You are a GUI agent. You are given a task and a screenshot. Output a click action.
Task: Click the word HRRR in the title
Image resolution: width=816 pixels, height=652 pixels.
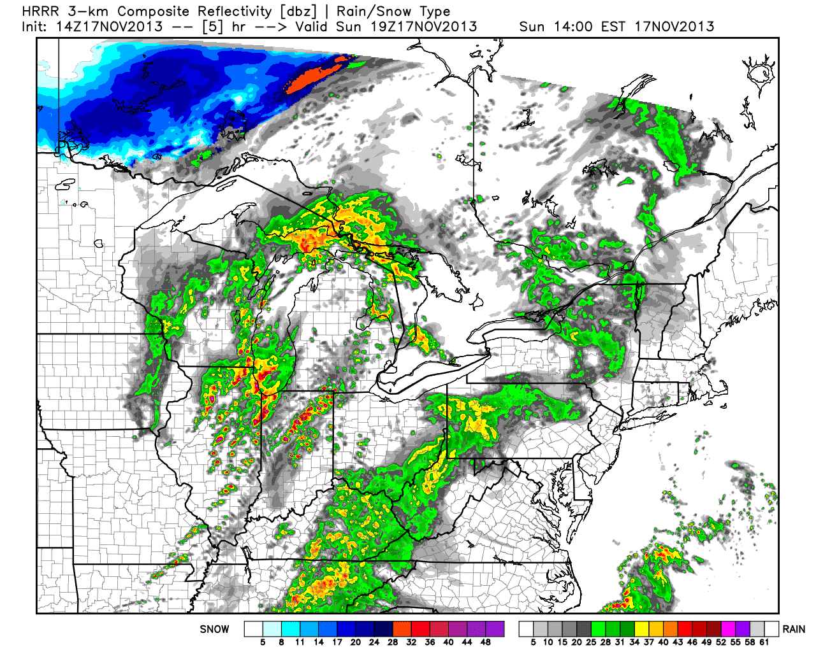[x=37, y=11]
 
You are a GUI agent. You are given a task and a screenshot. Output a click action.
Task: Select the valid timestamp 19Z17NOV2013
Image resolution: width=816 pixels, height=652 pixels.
[x=424, y=27]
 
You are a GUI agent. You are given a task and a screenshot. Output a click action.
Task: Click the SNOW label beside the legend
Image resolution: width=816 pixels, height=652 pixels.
[x=214, y=629]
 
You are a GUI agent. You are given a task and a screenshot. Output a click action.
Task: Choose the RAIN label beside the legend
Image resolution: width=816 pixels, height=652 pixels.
[x=794, y=629]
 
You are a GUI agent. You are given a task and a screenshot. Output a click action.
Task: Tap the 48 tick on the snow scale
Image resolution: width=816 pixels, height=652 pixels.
[x=486, y=642]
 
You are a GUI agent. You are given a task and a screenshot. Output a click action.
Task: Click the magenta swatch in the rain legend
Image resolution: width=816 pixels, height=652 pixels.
[x=727, y=629]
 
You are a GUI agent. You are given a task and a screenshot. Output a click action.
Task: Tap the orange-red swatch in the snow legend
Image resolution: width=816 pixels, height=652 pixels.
[x=402, y=629]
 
